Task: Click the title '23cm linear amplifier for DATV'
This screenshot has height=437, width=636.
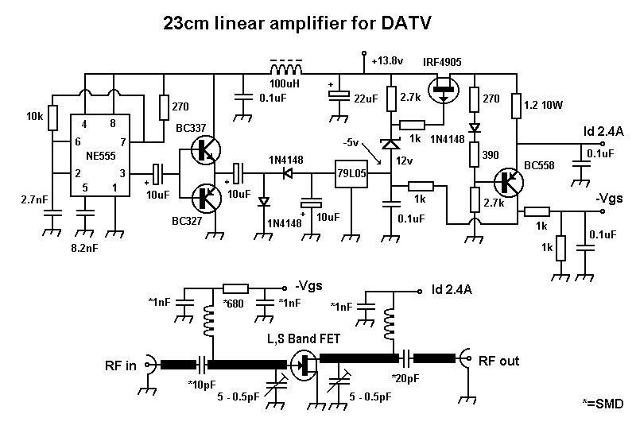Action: [297, 24]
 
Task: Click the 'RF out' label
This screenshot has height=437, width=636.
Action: [498, 361]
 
